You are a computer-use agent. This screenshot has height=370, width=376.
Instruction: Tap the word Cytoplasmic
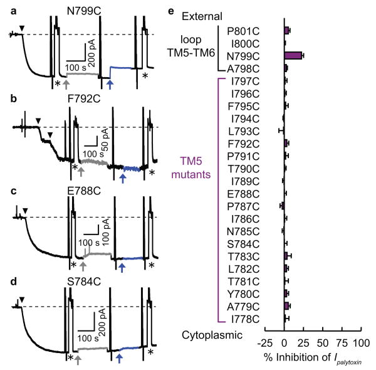tap(212, 336)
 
